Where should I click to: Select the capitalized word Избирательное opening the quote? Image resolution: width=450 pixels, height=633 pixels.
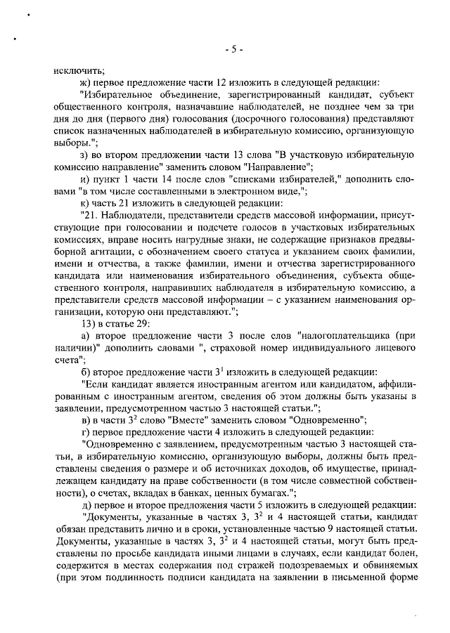pyautogui.click(x=119, y=94)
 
